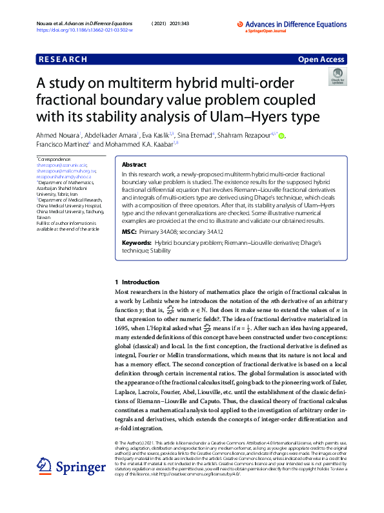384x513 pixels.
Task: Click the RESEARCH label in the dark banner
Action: tap(63, 59)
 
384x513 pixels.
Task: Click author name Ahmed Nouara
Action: tap(57, 135)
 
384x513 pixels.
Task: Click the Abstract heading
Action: tap(134, 165)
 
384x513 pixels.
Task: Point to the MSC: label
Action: tap(129, 231)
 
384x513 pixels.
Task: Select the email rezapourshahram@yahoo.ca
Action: tap(61, 176)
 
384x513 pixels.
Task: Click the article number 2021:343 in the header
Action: tap(181, 23)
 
